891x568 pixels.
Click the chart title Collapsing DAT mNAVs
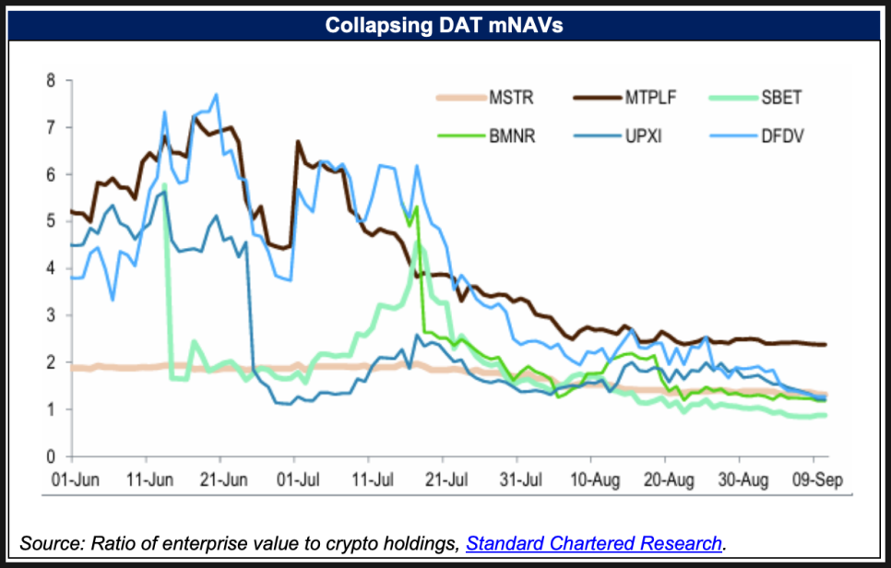(x=444, y=26)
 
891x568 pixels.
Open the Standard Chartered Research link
(x=593, y=542)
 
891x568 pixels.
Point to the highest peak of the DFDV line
(x=216, y=94)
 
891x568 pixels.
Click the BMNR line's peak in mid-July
(x=418, y=207)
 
